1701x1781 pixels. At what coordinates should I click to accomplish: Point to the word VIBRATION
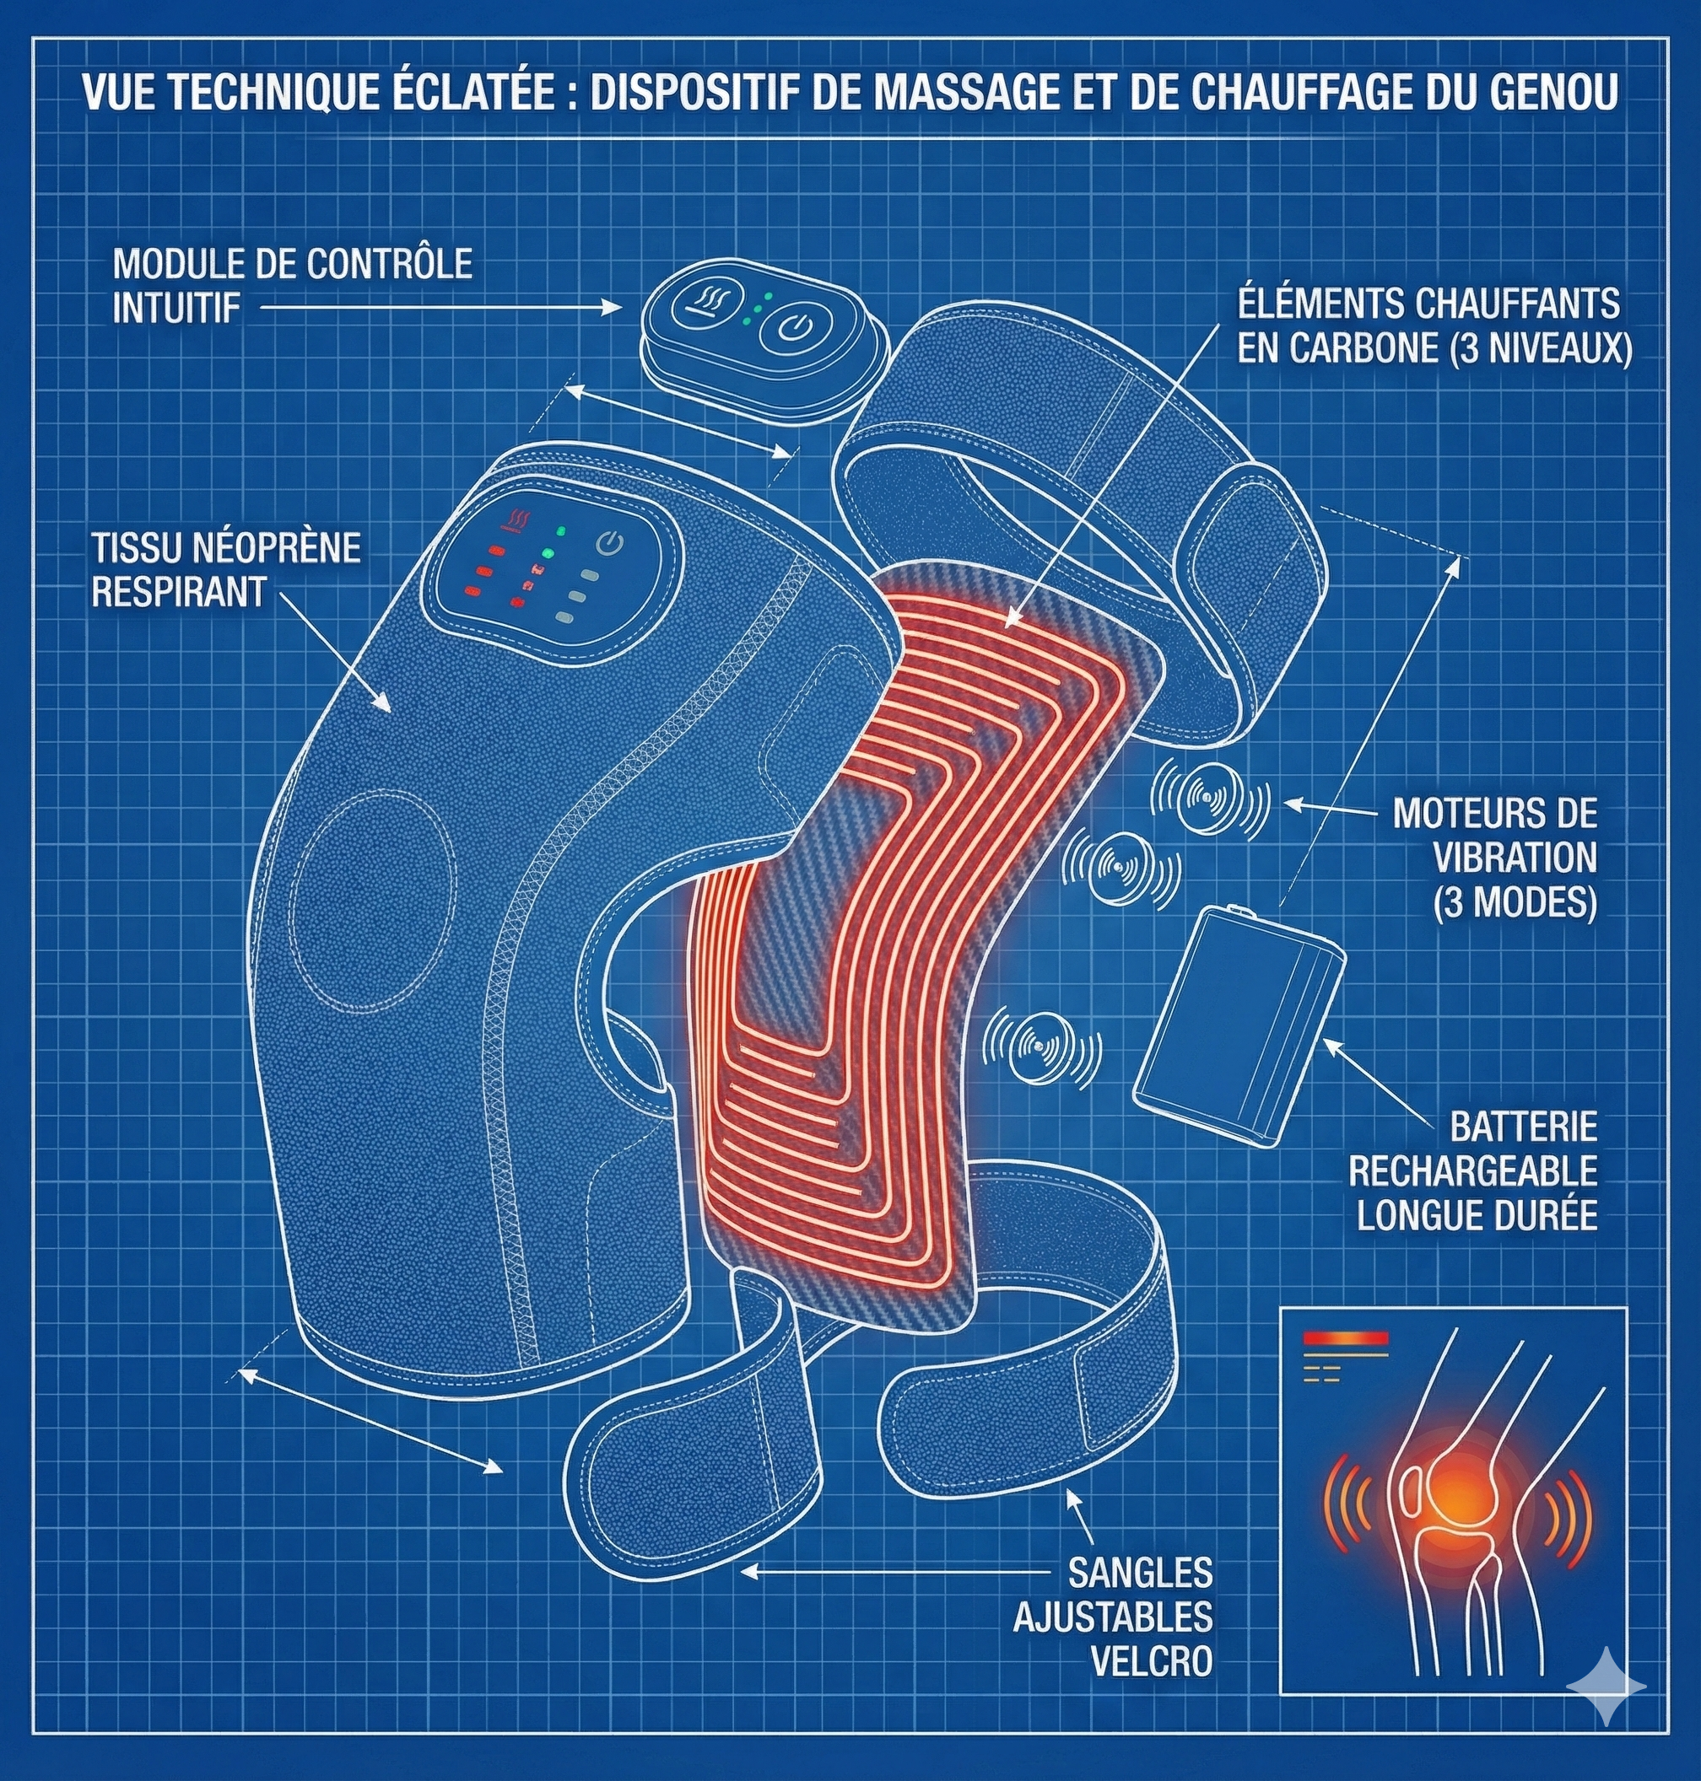pos(1515,858)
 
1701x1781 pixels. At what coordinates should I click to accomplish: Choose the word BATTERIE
pos(1523,1127)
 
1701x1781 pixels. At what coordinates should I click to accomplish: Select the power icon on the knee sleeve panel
pos(610,544)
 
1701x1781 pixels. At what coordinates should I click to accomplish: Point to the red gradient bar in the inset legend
pos(1345,1337)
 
